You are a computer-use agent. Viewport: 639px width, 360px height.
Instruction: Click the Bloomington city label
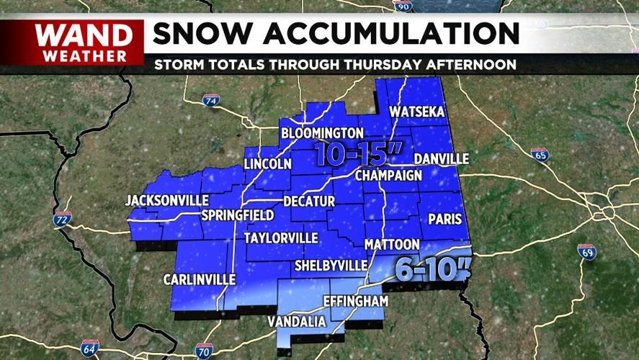coord(322,133)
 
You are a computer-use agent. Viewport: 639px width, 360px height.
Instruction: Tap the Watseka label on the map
coord(417,112)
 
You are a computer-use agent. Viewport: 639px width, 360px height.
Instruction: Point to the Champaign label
coord(388,176)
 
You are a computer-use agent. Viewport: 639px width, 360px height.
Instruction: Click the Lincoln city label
coord(267,164)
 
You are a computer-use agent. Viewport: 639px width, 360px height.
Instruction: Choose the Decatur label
coord(309,201)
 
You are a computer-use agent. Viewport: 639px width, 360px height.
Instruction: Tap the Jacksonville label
coord(167,200)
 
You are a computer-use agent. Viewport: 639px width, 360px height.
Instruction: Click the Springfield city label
coord(237,215)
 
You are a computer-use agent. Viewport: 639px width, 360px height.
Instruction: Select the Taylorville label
coord(280,238)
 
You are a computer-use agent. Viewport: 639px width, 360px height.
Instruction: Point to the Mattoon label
coord(392,245)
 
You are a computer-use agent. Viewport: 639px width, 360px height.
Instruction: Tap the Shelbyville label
coord(331,266)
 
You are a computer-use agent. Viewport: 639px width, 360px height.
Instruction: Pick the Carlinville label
coord(199,279)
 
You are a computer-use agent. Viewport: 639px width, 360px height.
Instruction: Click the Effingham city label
coord(356,300)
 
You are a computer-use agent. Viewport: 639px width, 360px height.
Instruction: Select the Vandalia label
coord(297,322)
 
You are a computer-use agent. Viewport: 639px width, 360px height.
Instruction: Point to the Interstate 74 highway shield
coord(211,102)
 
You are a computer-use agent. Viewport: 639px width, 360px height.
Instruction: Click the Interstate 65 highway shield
coord(540,154)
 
